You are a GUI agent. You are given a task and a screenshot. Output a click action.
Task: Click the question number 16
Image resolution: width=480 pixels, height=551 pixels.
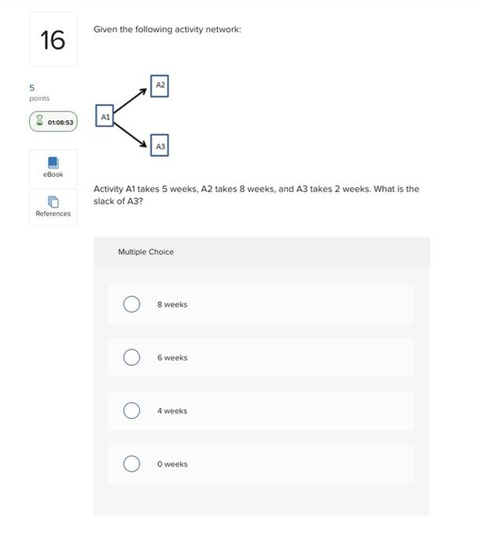click(x=53, y=39)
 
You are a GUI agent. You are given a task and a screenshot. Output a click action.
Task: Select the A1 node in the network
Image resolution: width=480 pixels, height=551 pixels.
click(x=105, y=116)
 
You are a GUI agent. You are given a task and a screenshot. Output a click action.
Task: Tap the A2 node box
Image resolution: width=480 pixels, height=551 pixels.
click(x=160, y=84)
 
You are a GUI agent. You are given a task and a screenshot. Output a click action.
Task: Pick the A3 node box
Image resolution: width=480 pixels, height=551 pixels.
click(x=160, y=146)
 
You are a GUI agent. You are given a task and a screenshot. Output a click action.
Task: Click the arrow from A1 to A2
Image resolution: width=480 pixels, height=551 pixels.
click(x=131, y=101)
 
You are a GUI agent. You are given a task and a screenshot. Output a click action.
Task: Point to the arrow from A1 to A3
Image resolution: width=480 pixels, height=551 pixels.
click(x=131, y=131)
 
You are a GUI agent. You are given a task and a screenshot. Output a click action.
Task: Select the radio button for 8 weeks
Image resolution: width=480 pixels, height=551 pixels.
click(x=131, y=304)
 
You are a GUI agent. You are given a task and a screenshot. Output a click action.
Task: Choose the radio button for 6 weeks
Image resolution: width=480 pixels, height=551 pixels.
click(x=131, y=357)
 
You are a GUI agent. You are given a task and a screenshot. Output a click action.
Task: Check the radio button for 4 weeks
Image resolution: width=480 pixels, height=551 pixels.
click(x=131, y=411)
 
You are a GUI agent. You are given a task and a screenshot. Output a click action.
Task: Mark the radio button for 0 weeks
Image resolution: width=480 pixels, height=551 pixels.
click(x=131, y=464)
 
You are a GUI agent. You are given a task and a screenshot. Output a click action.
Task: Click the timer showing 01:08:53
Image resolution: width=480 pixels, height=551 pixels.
click(x=53, y=122)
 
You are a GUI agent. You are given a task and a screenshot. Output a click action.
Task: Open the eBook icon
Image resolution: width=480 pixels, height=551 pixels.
click(x=53, y=163)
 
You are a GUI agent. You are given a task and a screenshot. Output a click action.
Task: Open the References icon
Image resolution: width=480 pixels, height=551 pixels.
click(x=53, y=202)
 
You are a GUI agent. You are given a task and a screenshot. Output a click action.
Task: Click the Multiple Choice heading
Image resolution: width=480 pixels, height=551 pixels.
click(x=146, y=252)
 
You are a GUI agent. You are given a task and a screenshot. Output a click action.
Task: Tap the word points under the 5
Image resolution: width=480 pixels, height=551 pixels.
click(x=39, y=98)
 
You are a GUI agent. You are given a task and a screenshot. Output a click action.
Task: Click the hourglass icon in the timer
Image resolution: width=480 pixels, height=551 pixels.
click(x=39, y=122)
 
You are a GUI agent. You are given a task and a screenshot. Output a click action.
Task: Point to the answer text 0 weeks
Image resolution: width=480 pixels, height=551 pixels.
click(x=172, y=464)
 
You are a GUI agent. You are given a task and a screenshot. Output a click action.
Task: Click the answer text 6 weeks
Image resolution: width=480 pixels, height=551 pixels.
click(x=172, y=357)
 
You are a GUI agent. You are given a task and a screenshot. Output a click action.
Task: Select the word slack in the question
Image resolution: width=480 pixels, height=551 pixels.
click(x=105, y=201)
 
